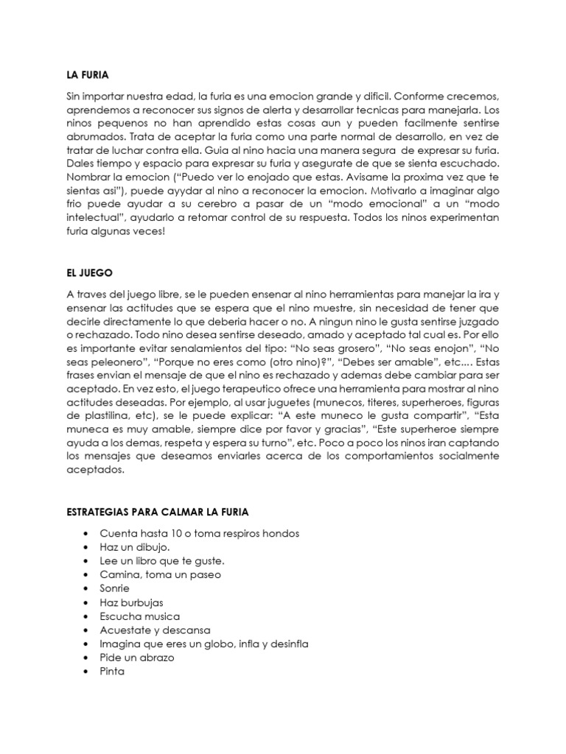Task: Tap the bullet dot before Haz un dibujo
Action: point(88,546)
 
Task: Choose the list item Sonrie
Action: point(114,588)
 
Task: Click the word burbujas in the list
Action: point(140,602)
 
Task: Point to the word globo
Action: point(210,644)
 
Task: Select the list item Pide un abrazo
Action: point(137,658)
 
